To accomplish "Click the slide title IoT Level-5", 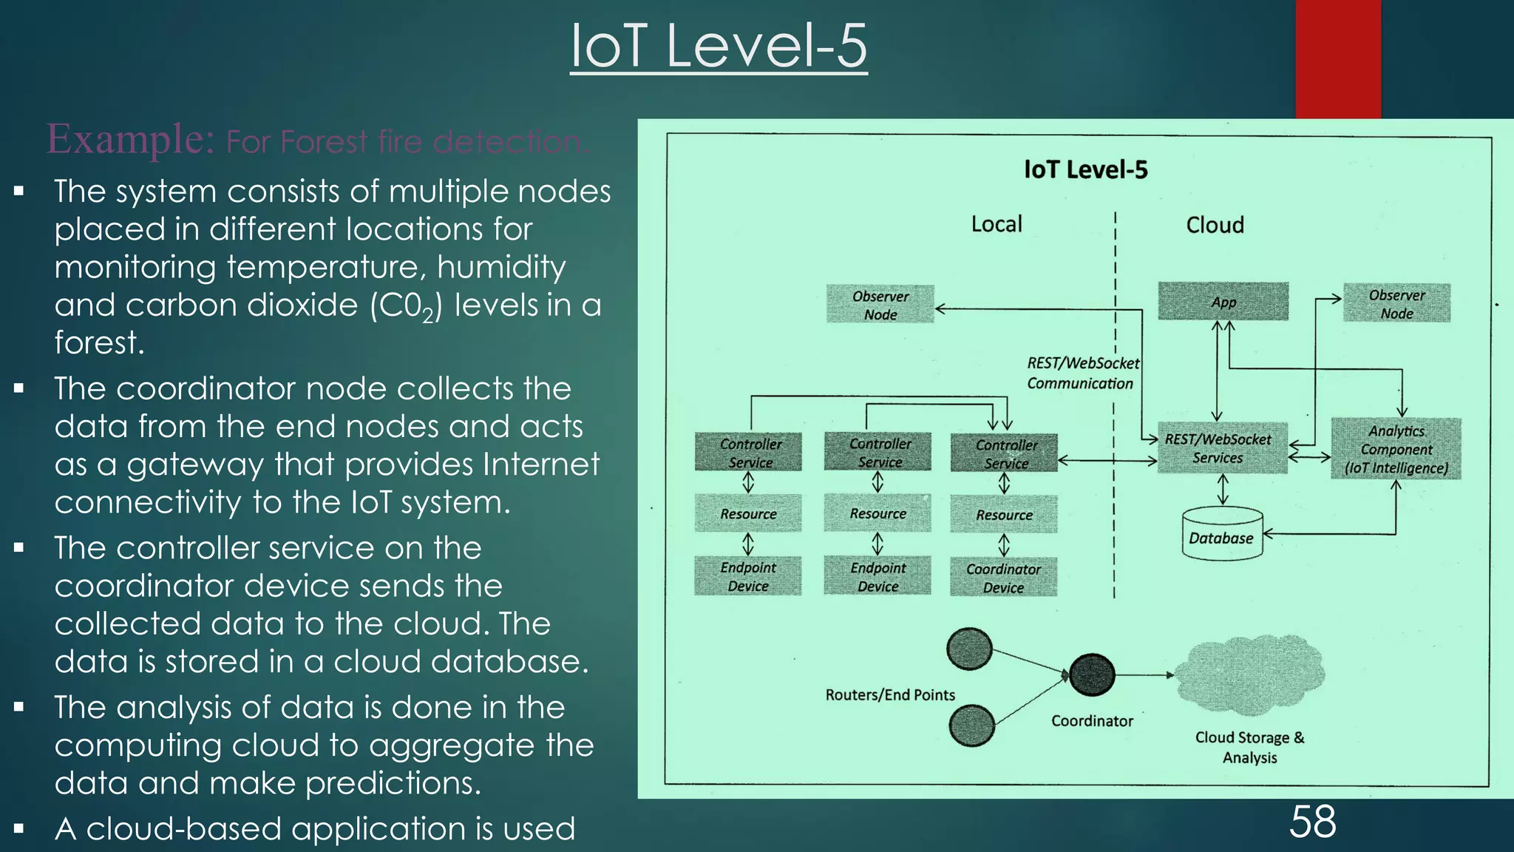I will (x=718, y=46).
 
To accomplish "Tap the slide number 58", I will (x=1312, y=822).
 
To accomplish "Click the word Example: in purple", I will (x=131, y=139).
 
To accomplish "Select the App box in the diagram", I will (x=1223, y=302).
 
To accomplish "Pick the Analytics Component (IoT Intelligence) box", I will (x=1396, y=449).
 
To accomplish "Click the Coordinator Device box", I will (x=1003, y=578).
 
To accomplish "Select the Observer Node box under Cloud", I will (x=1396, y=303).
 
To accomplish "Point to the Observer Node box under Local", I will (x=880, y=305).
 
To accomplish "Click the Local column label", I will (x=997, y=224).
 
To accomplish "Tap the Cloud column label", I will (x=1215, y=225).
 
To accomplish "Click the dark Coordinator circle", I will (x=1092, y=674).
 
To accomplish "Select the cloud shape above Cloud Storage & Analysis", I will (x=1249, y=674).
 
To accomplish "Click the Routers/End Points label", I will (x=890, y=695).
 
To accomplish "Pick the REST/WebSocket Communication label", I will (x=1082, y=373).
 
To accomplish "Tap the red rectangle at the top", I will (x=1337, y=59).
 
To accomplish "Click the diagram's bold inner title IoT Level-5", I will (x=1085, y=170).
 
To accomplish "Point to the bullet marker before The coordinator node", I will (x=19, y=388).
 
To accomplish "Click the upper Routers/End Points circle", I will (x=969, y=649).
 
